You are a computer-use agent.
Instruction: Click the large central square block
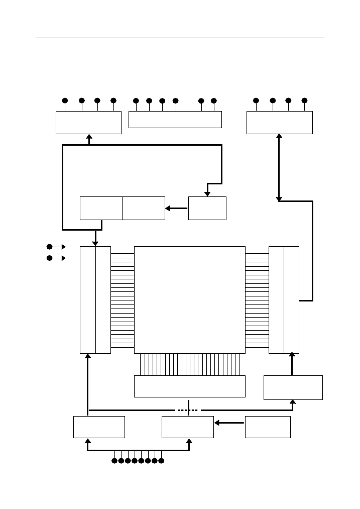(x=190, y=299)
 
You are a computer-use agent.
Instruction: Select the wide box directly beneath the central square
(x=190, y=386)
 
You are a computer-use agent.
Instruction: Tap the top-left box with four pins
(x=88, y=123)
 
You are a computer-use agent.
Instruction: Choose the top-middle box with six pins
(x=175, y=119)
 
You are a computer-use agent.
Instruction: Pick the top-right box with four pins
(x=279, y=123)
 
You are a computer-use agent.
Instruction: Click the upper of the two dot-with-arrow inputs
(x=49, y=247)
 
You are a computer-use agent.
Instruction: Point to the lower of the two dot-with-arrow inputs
(x=49, y=258)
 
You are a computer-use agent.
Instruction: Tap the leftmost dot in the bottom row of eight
(x=114, y=460)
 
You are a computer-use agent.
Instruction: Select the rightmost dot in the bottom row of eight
(x=161, y=460)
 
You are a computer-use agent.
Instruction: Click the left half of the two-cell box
(x=101, y=208)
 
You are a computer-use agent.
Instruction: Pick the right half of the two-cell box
(x=144, y=208)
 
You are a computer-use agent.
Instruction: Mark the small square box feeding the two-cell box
(x=207, y=208)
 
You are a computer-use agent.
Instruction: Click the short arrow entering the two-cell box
(x=176, y=208)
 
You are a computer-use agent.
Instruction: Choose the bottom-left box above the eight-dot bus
(x=99, y=427)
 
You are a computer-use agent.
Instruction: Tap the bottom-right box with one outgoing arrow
(x=268, y=427)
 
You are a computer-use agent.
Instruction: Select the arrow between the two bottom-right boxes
(x=229, y=423)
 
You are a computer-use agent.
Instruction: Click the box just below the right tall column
(x=293, y=387)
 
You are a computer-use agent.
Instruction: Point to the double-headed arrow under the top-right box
(x=280, y=167)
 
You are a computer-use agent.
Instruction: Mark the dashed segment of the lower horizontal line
(x=188, y=410)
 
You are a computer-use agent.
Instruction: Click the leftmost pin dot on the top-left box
(x=65, y=100)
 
